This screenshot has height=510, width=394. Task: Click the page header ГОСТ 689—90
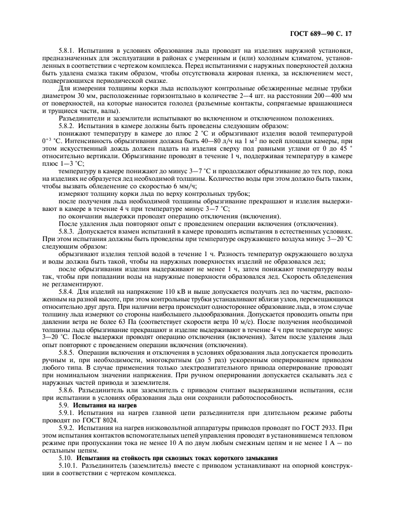click(x=313, y=34)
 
